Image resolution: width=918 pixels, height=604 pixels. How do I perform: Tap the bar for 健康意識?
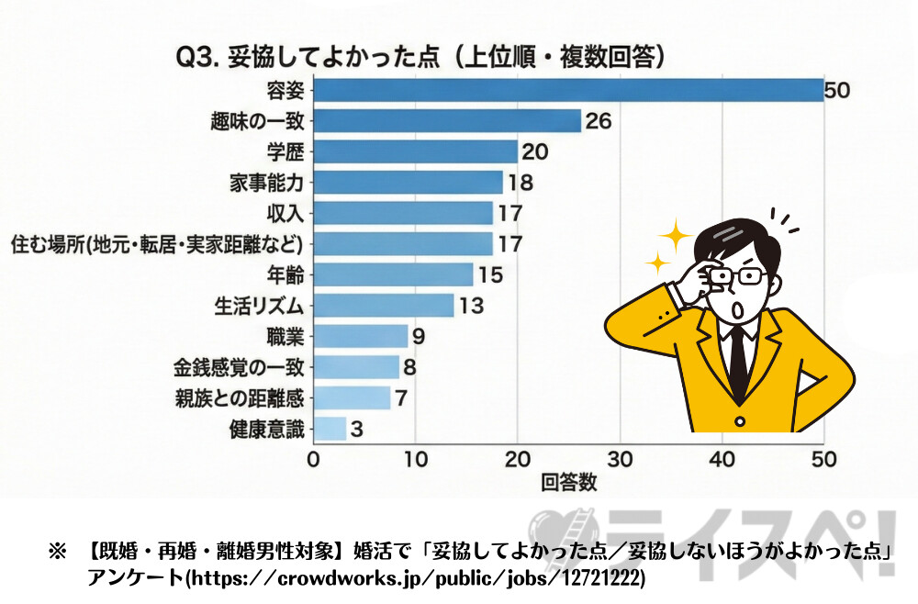tap(330, 428)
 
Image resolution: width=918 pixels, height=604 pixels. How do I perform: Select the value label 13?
tap(470, 306)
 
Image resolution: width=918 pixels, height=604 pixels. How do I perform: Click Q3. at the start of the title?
tap(195, 58)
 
